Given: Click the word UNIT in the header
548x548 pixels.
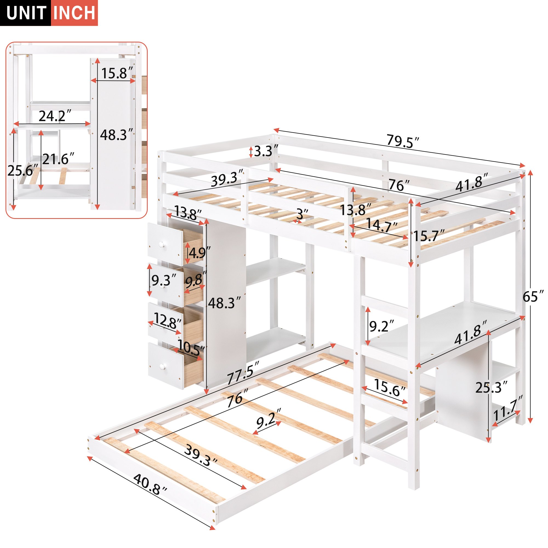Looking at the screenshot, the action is [x=26, y=13].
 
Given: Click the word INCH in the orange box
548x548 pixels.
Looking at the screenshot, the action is [x=75, y=13].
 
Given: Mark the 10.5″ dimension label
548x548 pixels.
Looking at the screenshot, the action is [x=191, y=348].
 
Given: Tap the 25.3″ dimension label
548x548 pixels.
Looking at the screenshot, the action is [x=491, y=387].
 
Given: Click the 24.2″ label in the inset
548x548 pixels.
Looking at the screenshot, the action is [x=55, y=116].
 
